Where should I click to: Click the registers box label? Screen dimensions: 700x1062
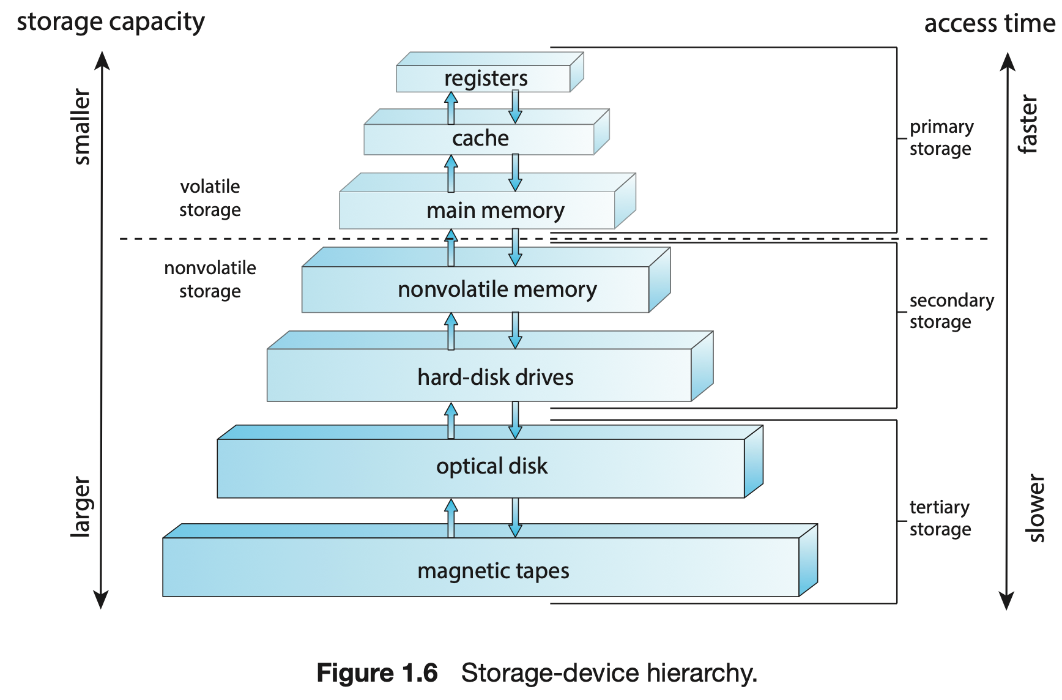[486, 78]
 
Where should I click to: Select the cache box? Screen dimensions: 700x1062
[480, 138]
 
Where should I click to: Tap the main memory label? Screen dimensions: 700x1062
[495, 210]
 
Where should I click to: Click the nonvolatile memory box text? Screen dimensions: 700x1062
[497, 289]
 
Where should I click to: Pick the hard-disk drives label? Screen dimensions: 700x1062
[495, 377]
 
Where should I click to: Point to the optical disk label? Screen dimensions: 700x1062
[491, 466]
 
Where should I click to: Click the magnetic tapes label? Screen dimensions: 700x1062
[493, 571]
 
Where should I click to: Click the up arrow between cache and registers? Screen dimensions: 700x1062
[451, 108]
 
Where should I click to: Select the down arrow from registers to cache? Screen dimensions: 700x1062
[515, 106]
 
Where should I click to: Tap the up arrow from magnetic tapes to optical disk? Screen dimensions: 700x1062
[451, 518]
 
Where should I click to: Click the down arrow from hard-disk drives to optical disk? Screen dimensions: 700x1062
[515, 420]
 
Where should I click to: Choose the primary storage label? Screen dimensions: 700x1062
[941, 138]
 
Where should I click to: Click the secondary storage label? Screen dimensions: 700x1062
[951, 311]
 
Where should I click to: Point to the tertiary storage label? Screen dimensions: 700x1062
[940, 518]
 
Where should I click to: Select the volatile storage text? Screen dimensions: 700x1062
[210, 198]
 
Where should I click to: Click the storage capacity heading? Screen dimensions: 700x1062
[111, 22]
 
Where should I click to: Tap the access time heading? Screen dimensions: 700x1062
[989, 23]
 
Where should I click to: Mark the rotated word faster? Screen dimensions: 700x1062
[1028, 124]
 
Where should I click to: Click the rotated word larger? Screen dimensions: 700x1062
[81, 507]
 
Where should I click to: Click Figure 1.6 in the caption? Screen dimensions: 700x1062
[377, 673]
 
